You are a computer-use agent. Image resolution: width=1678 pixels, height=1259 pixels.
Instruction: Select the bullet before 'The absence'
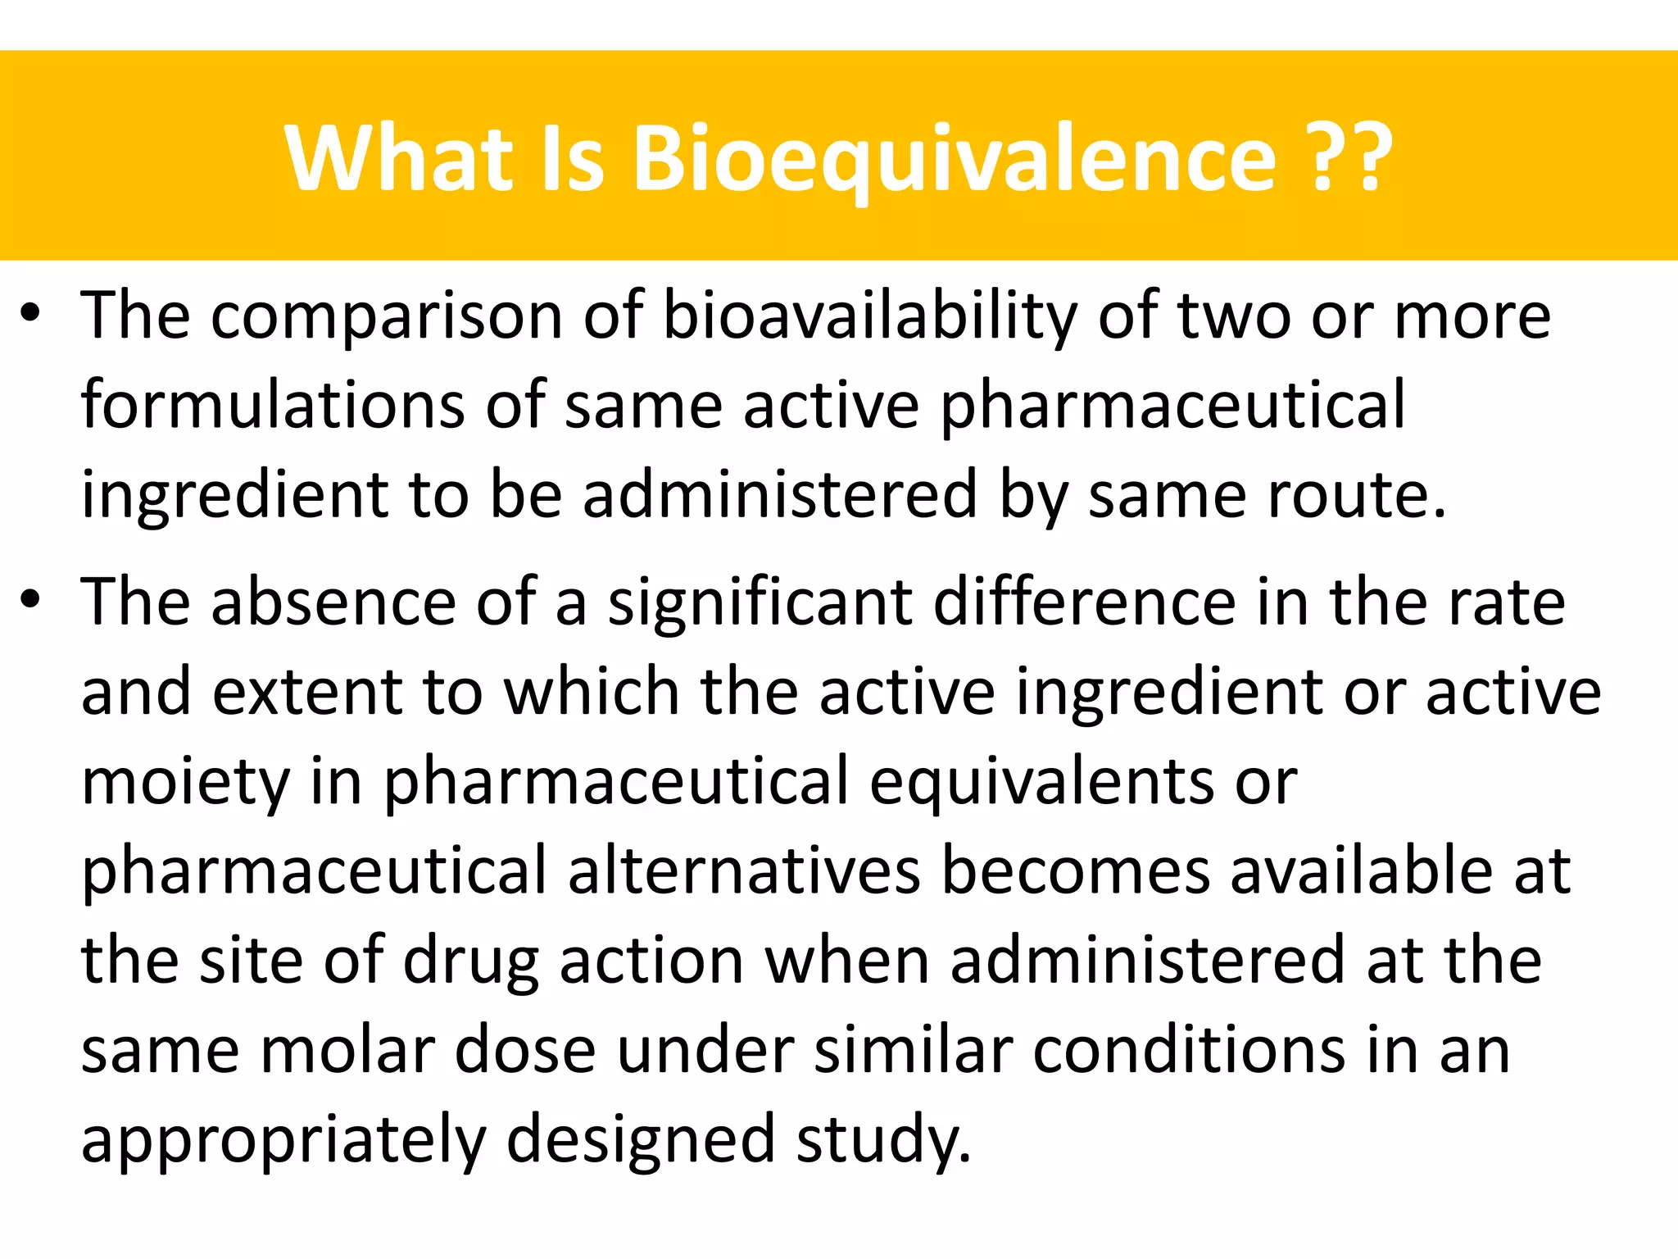coord(30,602)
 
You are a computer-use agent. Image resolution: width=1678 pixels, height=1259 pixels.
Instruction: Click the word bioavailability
coord(869,316)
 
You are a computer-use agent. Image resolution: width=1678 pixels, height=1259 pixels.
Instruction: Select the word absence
coord(333,602)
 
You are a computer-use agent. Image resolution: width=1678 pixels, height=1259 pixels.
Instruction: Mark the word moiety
coord(185,782)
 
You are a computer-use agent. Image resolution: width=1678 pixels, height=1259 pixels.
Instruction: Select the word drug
coord(470,961)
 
